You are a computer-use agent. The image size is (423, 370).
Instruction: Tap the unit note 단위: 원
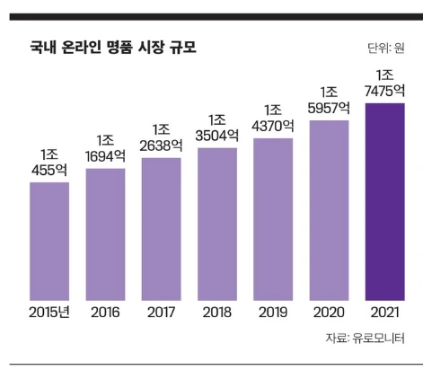click(385, 48)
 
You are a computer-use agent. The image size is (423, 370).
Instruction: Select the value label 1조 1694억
click(105, 147)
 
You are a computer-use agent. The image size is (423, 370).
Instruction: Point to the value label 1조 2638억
click(162, 137)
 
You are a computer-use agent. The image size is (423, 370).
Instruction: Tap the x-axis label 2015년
click(49, 312)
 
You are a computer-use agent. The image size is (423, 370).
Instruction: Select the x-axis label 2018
click(217, 312)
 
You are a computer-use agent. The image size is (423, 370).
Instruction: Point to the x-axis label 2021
click(384, 312)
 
